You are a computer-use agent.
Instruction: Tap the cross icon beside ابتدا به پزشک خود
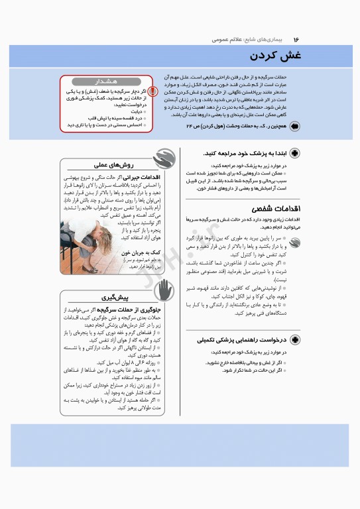click(x=294, y=153)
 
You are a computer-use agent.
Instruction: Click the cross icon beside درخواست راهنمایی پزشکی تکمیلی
click(x=294, y=340)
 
